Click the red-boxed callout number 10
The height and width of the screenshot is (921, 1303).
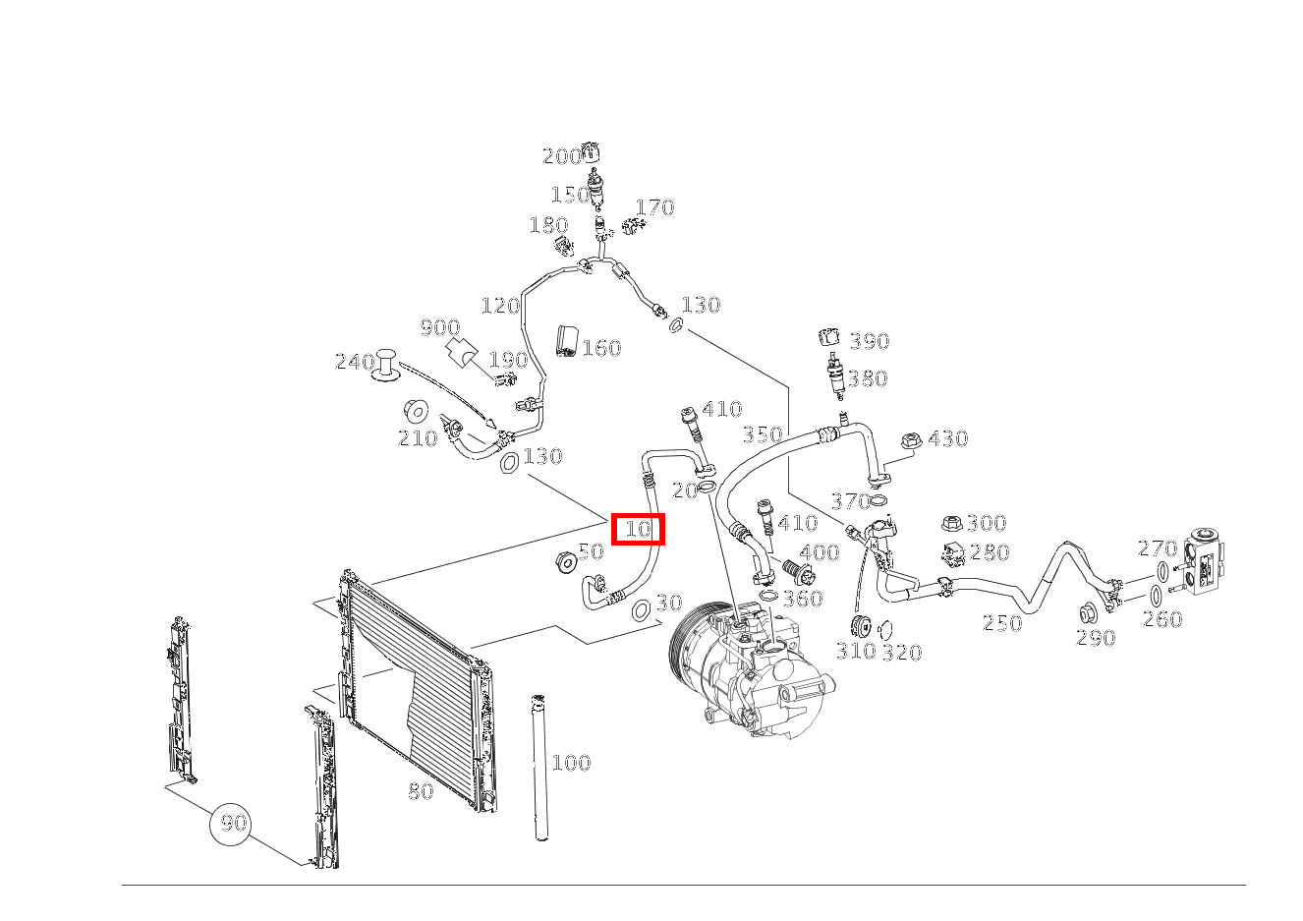click(x=638, y=529)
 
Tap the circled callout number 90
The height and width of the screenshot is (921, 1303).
click(x=230, y=824)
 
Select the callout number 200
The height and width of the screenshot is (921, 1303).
click(x=561, y=156)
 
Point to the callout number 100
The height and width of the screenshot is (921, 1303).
click(x=571, y=762)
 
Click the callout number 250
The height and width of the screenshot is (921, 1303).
click(x=1002, y=623)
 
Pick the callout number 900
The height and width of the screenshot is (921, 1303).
click(x=440, y=327)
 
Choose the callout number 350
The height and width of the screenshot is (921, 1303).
click(x=763, y=434)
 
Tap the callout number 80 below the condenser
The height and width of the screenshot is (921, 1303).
click(x=421, y=790)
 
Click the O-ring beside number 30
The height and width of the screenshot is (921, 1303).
click(x=641, y=610)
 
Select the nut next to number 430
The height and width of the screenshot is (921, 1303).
click(x=912, y=440)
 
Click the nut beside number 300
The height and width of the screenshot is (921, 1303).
click(x=952, y=523)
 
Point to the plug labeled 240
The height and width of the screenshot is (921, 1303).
click(x=385, y=366)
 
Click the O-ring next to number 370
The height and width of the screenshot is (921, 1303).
click(x=878, y=500)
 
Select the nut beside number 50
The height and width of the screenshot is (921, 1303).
click(x=565, y=561)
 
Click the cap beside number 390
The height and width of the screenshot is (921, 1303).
click(x=829, y=337)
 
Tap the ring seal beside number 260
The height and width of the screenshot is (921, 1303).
click(x=1156, y=597)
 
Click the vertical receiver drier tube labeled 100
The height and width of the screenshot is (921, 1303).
click(x=540, y=767)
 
